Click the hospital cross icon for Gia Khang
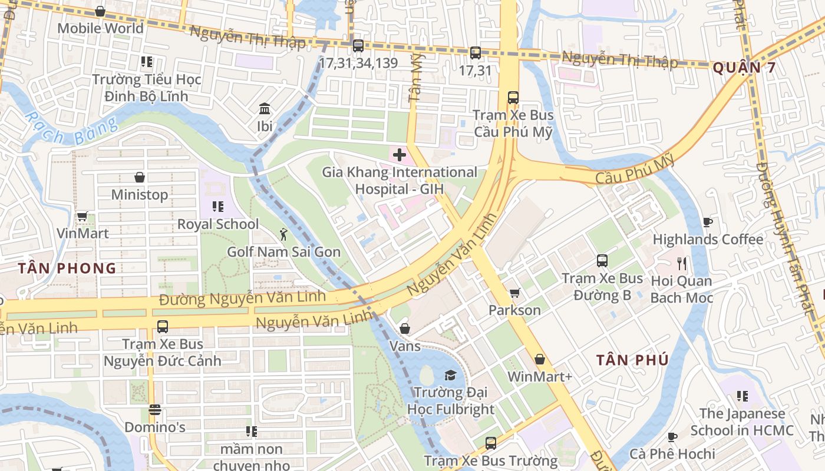coord(400,155)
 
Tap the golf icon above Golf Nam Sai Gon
coord(283,234)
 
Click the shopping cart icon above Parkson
coord(514,293)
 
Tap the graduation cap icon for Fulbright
coord(450,375)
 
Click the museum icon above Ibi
coord(265,109)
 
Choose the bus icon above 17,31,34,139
coord(358,46)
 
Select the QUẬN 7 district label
coord(744,68)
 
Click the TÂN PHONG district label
coord(67,268)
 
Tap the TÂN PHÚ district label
coord(632,360)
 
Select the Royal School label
coord(218,224)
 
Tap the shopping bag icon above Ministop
coord(140,177)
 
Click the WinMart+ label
coord(539,376)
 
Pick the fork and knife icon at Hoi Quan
coord(682,263)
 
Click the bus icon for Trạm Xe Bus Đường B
coord(602,261)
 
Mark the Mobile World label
coord(100,28)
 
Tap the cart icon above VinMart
coord(82,217)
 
